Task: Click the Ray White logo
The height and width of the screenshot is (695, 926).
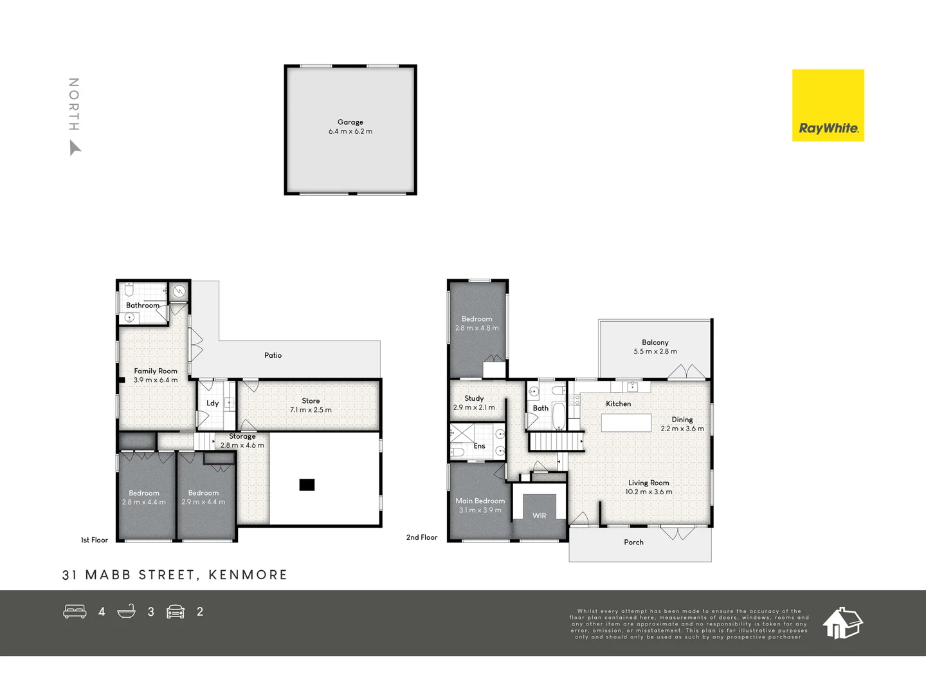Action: coord(828,106)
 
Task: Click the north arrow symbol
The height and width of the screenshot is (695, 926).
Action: coord(75,149)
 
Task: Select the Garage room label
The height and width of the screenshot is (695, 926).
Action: coord(350,122)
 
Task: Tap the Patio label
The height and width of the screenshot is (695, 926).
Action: coord(273,355)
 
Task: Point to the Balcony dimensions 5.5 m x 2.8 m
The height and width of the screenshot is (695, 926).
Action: coord(655,351)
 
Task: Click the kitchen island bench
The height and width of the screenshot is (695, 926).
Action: coord(626,422)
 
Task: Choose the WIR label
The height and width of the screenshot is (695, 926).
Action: coord(539,515)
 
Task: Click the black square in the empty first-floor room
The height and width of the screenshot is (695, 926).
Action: coord(307,485)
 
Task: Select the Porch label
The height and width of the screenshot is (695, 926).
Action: coord(633,542)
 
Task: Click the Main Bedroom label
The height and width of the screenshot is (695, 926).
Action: coord(480,501)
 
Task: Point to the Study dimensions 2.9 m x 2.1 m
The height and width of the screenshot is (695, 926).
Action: coord(474,407)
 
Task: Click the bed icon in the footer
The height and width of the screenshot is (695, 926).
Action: coord(75,611)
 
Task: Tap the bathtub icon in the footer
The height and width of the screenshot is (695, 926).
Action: coord(127,611)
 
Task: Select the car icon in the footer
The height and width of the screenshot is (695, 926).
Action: coord(176,611)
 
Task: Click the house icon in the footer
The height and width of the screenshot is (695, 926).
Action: coord(842,622)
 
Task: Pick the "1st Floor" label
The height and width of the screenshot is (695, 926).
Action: coord(94,540)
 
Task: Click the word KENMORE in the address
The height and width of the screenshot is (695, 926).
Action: coord(248,575)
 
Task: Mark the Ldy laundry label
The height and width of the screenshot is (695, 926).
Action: coord(212,403)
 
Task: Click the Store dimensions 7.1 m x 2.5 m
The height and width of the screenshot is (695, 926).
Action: coord(311,410)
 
